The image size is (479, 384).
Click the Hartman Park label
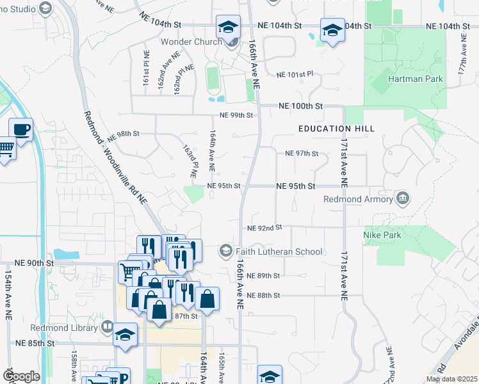[x=415, y=79]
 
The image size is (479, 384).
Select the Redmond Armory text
[x=358, y=199]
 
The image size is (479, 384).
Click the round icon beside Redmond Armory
[x=402, y=198]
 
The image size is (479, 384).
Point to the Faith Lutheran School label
[x=279, y=252]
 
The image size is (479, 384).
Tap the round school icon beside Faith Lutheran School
[x=225, y=251]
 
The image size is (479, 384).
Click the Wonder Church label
[x=189, y=42]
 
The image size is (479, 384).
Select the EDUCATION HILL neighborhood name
[x=336, y=129]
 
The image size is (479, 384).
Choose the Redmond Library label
[x=69, y=327]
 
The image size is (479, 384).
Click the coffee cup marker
[x=20, y=130]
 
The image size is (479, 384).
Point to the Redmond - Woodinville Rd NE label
[x=115, y=157]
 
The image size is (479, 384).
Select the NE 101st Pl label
[x=295, y=74]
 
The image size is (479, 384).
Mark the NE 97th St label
[x=301, y=154]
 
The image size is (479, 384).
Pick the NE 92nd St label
[x=264, y=227]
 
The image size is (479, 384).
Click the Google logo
[x=21, y=376]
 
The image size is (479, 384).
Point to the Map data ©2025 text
[x=451, y=379]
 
